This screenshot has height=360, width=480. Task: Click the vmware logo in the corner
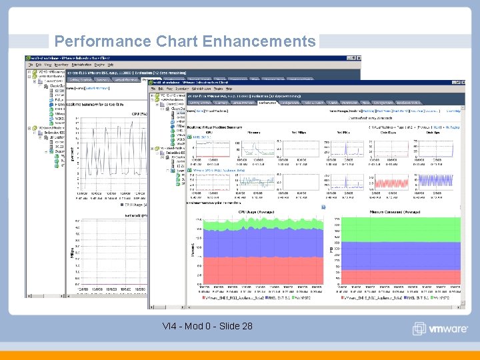click(x=440, y=329)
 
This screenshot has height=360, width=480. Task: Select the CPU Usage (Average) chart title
click(x=255, y=212)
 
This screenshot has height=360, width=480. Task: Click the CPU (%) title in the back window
click(x=137, y=113)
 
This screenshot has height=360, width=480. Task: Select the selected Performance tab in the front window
click(x=267, y=103)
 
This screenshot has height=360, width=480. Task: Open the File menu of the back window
click(x=31, y=65)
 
